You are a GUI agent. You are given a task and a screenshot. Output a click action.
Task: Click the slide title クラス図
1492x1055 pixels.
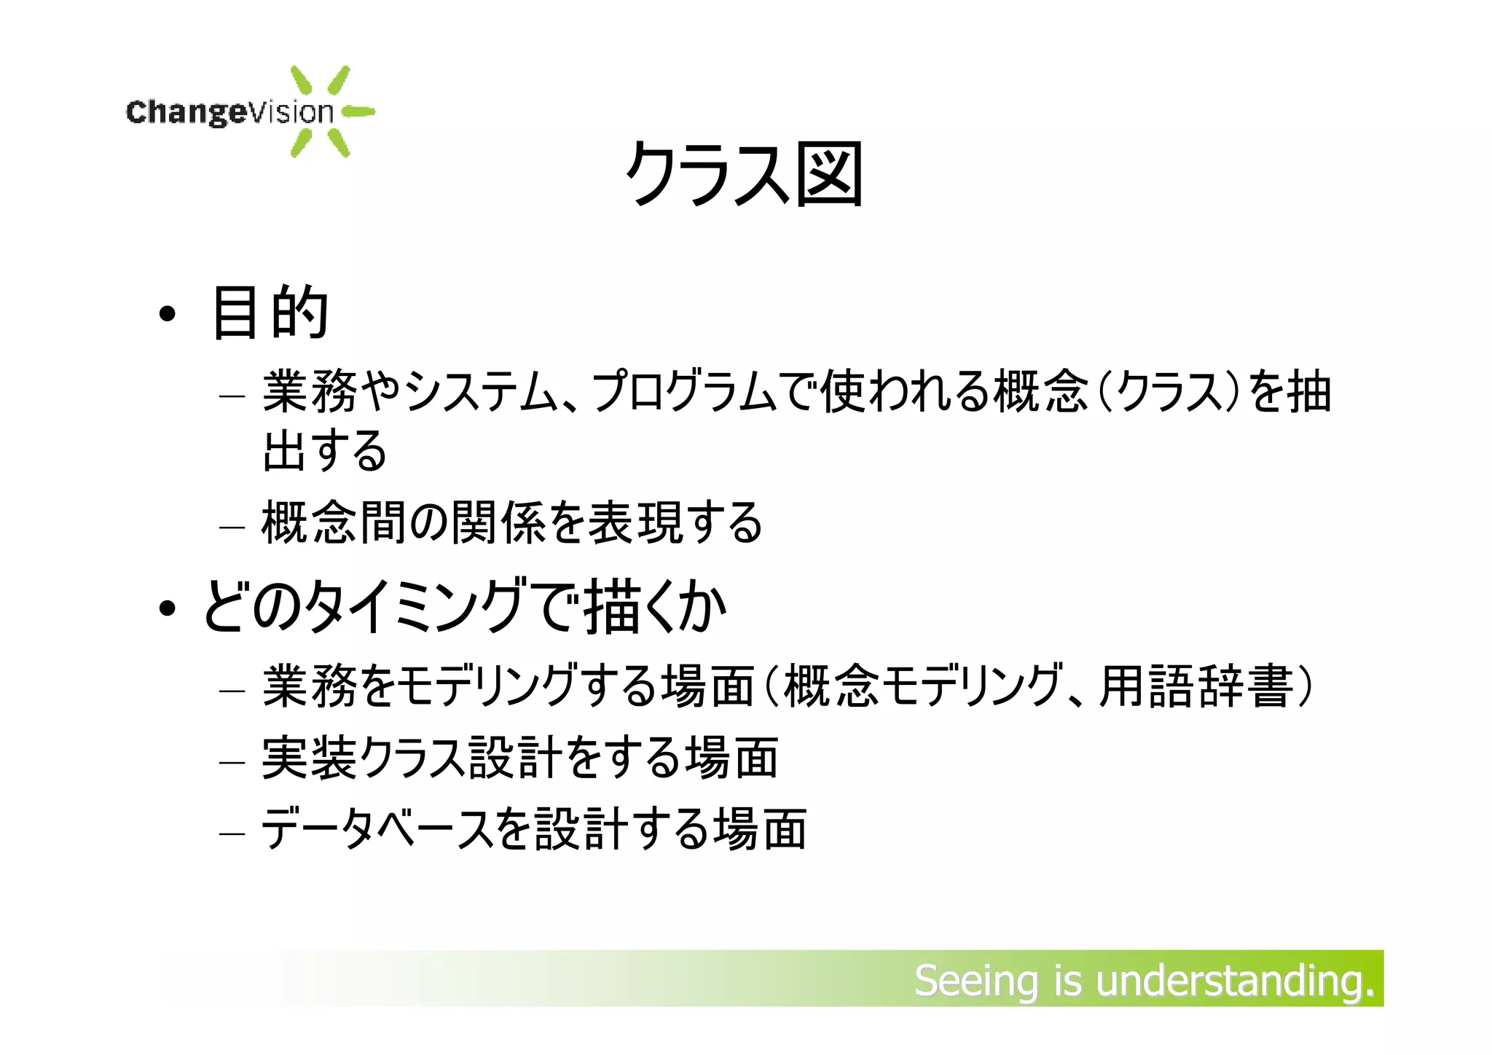coord(744,174)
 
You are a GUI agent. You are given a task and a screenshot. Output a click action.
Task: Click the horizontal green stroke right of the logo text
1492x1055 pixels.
coord(358,112)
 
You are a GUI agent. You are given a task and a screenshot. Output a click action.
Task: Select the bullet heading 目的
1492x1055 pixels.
coord(270,313)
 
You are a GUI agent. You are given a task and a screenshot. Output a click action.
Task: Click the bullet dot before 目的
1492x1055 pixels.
coord(168,315)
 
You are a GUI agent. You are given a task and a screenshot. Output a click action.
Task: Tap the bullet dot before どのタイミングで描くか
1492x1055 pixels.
coord(168,608)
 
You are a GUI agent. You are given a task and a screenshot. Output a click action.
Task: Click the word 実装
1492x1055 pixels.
coord(310,758)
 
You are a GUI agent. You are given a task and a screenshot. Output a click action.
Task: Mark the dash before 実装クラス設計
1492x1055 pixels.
coord(232,763)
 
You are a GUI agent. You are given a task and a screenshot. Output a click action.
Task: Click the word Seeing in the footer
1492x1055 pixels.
coord(976,981)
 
